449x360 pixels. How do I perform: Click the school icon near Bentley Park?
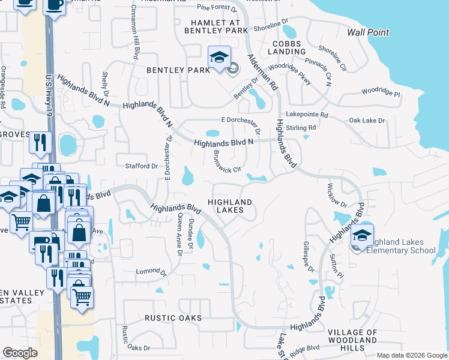(x=218, y=58)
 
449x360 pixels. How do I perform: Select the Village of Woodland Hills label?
(x=352, y=340)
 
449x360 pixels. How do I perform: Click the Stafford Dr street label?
(x=140, y=166)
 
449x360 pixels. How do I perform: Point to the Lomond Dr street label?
(x=151, y=272)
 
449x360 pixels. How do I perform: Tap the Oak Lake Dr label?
(x=367, y=121)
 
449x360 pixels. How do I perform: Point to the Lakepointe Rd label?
(x=307, y=114)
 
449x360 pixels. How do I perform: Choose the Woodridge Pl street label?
(x=380, y=92)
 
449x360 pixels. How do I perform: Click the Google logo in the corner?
(x=20, y=353)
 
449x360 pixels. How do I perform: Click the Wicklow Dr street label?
(x=334, y=193)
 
